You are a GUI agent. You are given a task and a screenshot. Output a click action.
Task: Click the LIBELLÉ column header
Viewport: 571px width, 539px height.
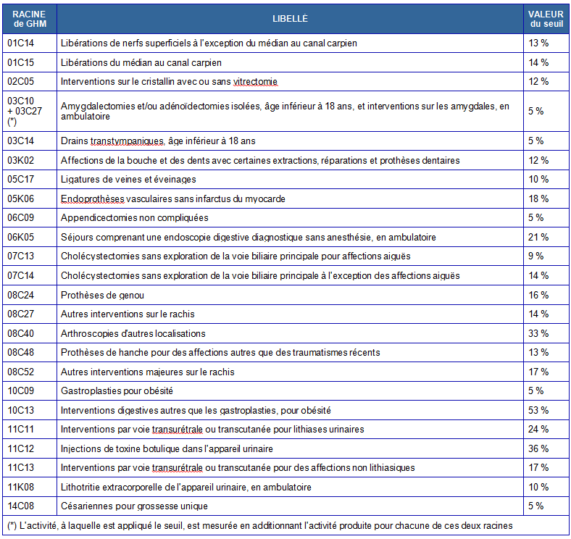pos(290,19)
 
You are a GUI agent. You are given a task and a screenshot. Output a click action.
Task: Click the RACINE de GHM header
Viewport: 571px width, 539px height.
pos(30,19)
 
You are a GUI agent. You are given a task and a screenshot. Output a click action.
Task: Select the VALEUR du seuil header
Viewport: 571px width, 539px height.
pos(546,19)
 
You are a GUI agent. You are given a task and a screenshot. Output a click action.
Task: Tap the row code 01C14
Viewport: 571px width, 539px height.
pos(21,43)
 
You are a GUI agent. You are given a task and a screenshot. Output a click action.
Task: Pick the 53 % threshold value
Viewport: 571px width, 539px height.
pos(538,410)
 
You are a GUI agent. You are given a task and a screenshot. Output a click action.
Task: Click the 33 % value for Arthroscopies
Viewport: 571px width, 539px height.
pos(538,333)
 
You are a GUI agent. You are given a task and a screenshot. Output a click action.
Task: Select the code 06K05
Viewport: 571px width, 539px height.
pos(21,237)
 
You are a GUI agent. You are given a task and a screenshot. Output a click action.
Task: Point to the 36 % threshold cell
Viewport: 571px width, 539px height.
pos(538,448)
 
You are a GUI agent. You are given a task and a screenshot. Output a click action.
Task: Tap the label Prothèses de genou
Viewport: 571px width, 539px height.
pos(102,295)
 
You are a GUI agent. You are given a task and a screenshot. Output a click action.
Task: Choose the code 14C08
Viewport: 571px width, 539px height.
pos(21,506)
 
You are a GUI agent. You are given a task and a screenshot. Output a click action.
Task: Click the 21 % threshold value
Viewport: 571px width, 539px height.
pos(538,237)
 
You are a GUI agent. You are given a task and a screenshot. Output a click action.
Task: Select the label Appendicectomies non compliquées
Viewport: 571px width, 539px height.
pos(134,218)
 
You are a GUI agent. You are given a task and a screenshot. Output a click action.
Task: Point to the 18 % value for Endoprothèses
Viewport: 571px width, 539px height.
pos(538,199)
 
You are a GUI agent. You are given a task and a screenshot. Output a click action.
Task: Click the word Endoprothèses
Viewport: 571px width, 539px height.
pos(93,199)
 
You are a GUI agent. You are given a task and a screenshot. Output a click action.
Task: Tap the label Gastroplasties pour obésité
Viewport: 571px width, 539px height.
pos(117,390)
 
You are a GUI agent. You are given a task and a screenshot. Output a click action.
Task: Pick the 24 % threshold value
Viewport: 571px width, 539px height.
pos(538,429)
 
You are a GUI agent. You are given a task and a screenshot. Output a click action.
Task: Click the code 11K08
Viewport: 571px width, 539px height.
pos(21,487)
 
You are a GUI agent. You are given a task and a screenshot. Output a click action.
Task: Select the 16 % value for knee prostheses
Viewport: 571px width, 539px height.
pos(538,295)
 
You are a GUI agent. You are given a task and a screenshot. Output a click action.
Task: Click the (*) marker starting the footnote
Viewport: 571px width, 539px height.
pos(12,526)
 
